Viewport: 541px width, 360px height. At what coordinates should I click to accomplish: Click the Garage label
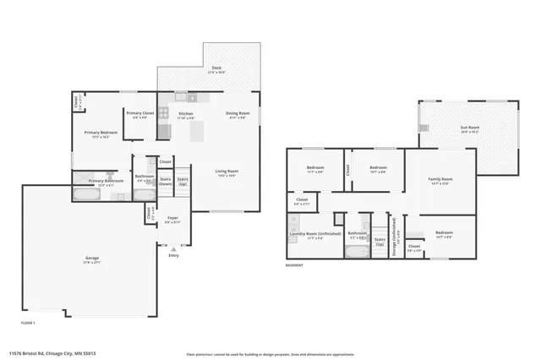pyautogui.click(x=92, y=259)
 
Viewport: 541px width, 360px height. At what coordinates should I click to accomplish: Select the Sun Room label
pyautogui.click(x=469, y=128)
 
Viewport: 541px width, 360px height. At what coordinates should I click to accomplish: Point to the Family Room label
pyautogui.click(x=440, y=179)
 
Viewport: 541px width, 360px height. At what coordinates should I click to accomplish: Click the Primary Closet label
pyautogui.click(x=140, y=113)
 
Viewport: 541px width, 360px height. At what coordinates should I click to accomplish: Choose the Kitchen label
pyautogui.click(x=186, y=113)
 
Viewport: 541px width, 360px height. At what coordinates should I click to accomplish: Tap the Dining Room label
pyautogui.click(x=238, y=113)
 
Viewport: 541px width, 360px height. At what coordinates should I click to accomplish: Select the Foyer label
pyautogui.click(x=172, y=217)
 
